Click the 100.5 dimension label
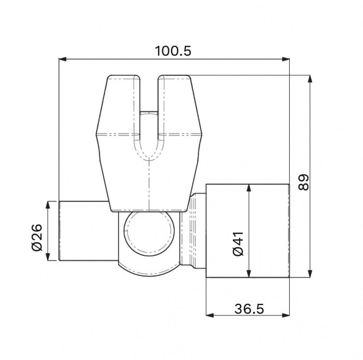173,51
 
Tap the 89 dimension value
303,182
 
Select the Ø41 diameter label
238,244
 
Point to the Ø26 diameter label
37,237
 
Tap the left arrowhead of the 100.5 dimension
63,59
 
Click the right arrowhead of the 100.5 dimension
286,59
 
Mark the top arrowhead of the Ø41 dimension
249,188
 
